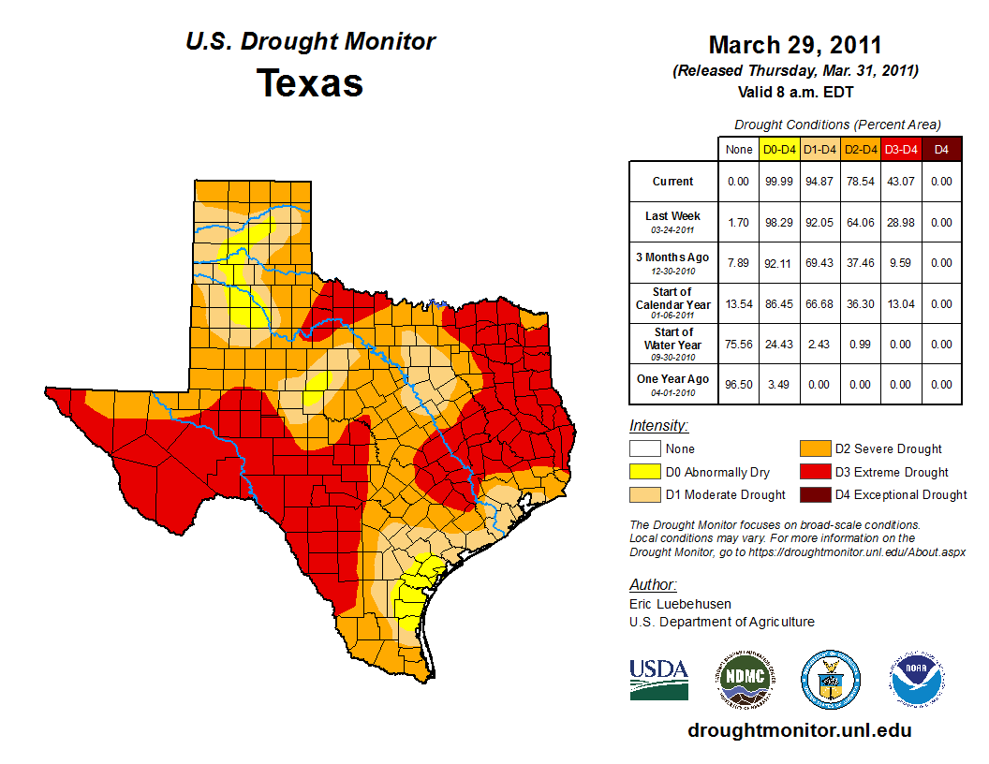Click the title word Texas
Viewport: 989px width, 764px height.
pyautogui.click(x=310, y=83)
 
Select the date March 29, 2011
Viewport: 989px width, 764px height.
pyautogui.click(x=795, y=46)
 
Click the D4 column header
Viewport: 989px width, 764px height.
pyautogui.click(x=941, y=149)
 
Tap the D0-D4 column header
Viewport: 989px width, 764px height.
pyautogui.click(x=780, y=149)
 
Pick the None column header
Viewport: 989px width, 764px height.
pyautogui.click(x=739, y=149)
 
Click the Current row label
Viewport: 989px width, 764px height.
pyautogui.click(x=673, y=182)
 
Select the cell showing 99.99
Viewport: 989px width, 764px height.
pyautogui.click(x=780, y=182)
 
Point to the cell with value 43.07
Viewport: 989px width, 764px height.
pyautogui.click(x=901, y=182)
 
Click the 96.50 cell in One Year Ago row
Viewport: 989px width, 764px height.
pyautogui.click(x=739, y=384)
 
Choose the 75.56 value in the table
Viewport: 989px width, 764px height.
pyautogui.click(x=739, y=345)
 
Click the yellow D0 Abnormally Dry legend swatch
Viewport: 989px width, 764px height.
pyautogui.click(x=644, y=472)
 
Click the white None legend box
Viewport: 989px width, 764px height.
pyautogui.click(x=644, y=449)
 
